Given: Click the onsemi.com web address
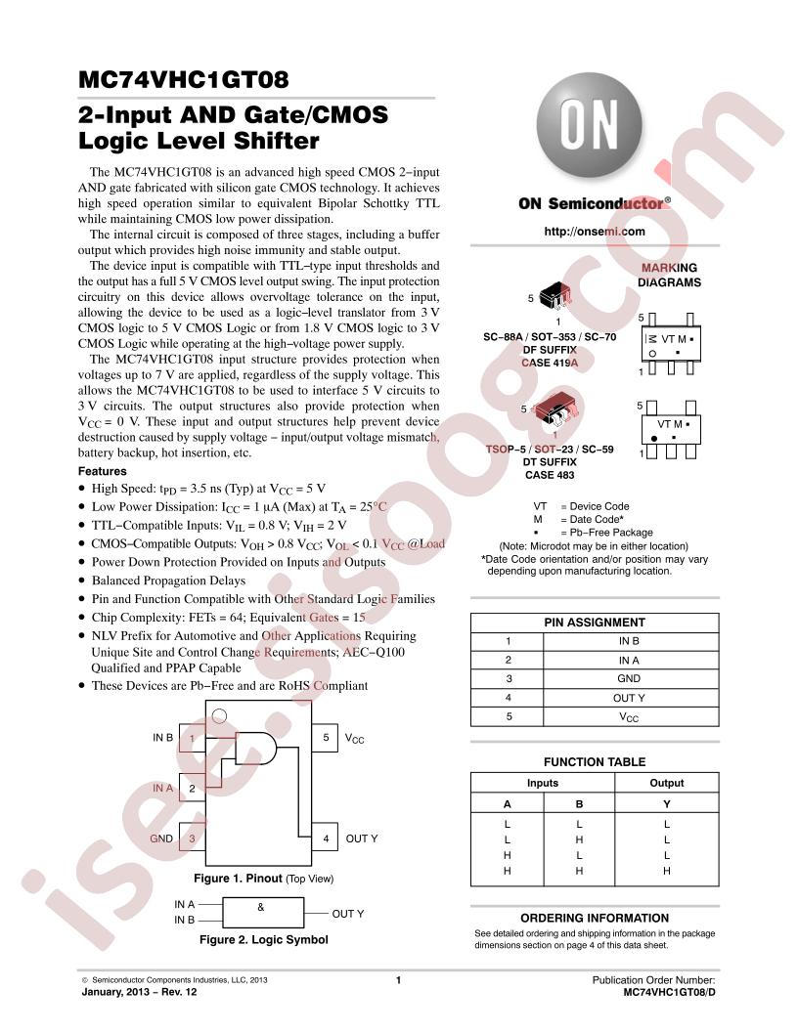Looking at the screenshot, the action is [x=594, y=232].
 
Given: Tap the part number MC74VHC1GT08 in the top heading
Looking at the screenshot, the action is [x=184, y=79].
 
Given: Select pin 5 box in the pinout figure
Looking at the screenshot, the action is [x=326, y=738].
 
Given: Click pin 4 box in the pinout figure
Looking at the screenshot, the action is [x=326, y=838].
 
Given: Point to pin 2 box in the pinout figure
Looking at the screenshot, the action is [x=193, y=788].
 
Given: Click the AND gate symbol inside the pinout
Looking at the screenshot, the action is [x=256, y=749].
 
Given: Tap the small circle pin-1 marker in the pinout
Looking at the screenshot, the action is [x=220, y=715].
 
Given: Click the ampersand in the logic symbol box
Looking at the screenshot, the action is [x=261, y=907].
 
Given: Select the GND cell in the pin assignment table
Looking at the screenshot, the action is [x=629, y=678].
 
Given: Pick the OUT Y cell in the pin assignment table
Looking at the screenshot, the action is [x=629, y=698].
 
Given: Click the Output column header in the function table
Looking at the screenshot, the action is [x=666, y=783].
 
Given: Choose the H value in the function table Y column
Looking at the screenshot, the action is [x=666, y=871].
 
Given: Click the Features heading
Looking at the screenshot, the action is [x=102, y=471].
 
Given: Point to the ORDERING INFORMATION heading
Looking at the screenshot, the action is [x=594, y=918].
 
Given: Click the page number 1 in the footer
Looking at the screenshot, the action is [x=398, y=980].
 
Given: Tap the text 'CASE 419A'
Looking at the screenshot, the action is [x=550, y=363].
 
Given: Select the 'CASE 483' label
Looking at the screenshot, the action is [x=550, y=475].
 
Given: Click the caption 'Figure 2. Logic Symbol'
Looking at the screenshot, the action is [x=263, y=940].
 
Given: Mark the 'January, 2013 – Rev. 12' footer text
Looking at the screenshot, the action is [x=139, y=992].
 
